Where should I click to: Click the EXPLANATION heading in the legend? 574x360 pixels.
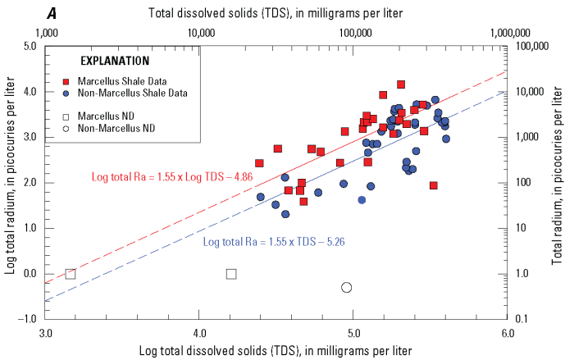click(x=114, y=61)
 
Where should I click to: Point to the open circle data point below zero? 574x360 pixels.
click(x=346, y=287)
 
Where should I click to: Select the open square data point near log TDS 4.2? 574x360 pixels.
click(x=231, y=274)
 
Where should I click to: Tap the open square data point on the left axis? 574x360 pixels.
click(x=71, y=274)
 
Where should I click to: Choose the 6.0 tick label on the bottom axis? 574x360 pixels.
click(x=508, y=334)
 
